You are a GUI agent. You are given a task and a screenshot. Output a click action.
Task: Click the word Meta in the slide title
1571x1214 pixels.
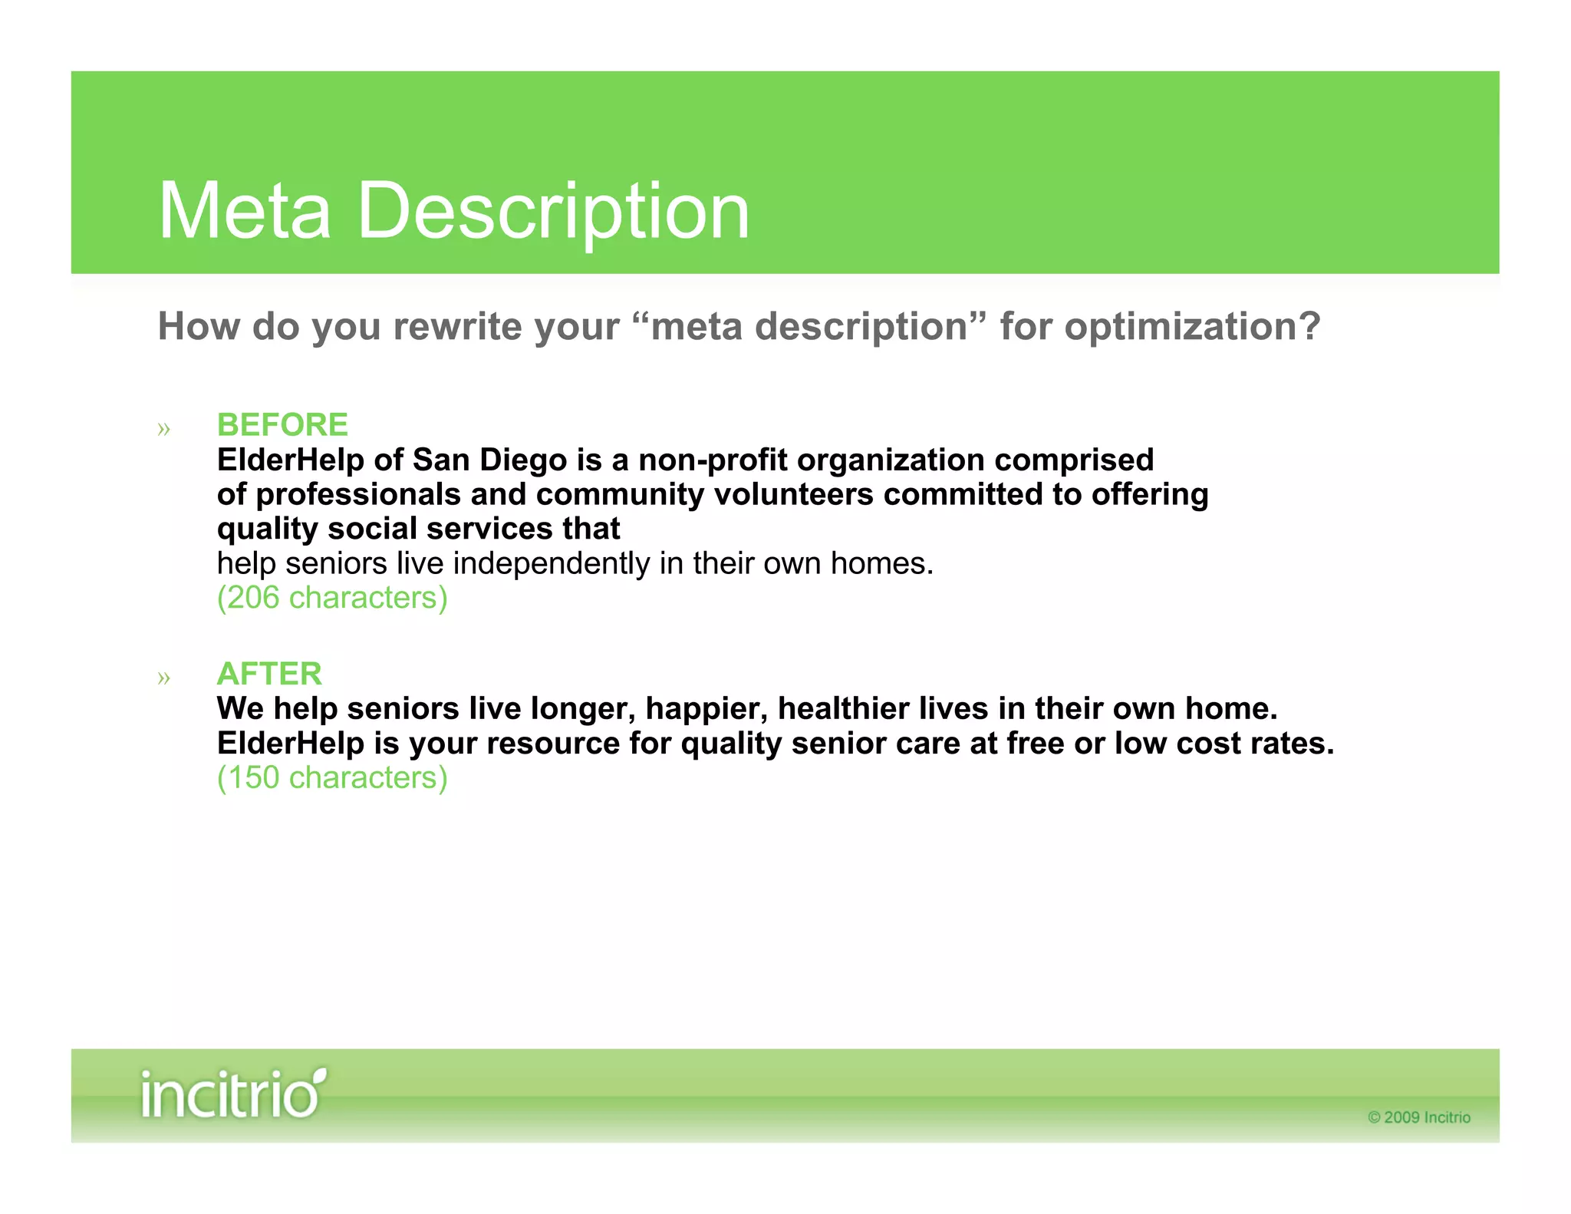pos(244,211)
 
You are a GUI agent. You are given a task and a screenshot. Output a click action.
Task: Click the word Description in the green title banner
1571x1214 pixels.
pos(553,211)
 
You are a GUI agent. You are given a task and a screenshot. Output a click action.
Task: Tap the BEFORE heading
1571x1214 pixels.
pos(282,424)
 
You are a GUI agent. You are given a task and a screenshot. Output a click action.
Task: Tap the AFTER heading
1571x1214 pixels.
pos(269,674)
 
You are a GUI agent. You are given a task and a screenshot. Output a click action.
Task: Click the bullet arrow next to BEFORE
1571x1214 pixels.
pos(163,429)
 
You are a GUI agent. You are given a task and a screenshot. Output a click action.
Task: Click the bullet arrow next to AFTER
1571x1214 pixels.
pos(163,678)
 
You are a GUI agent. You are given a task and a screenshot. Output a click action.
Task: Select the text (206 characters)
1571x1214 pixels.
pos(332,598)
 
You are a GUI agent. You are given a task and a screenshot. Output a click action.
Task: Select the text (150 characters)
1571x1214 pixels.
pos(332,777)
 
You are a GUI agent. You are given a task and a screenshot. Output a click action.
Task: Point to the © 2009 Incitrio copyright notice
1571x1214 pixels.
pos(1419,1117)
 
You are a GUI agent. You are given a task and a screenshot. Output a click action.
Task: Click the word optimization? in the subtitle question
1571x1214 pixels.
pos(1192,327)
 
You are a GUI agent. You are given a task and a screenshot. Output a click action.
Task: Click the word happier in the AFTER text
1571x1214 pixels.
pos(706,708)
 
